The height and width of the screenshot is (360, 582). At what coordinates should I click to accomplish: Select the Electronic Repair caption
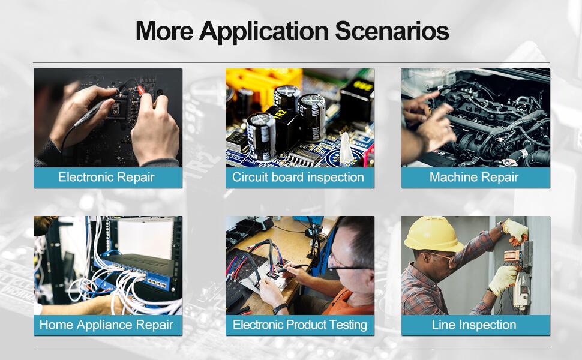(106, 177)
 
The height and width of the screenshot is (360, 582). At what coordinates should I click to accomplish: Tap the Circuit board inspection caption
(298, 177)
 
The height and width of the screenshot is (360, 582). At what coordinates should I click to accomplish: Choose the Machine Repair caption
(474, 177)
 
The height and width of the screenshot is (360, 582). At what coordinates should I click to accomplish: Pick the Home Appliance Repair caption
(106, 325)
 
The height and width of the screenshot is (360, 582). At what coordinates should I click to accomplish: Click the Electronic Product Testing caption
(299, 325)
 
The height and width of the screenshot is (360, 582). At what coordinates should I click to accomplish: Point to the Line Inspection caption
(474, 325)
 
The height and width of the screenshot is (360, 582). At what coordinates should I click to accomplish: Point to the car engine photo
(475, 117)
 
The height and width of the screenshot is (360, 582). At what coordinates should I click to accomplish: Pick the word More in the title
(164, 31)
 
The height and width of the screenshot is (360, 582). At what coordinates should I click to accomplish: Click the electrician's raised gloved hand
(515, 230)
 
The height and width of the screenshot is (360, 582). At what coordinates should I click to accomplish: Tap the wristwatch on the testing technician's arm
(279, 308)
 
